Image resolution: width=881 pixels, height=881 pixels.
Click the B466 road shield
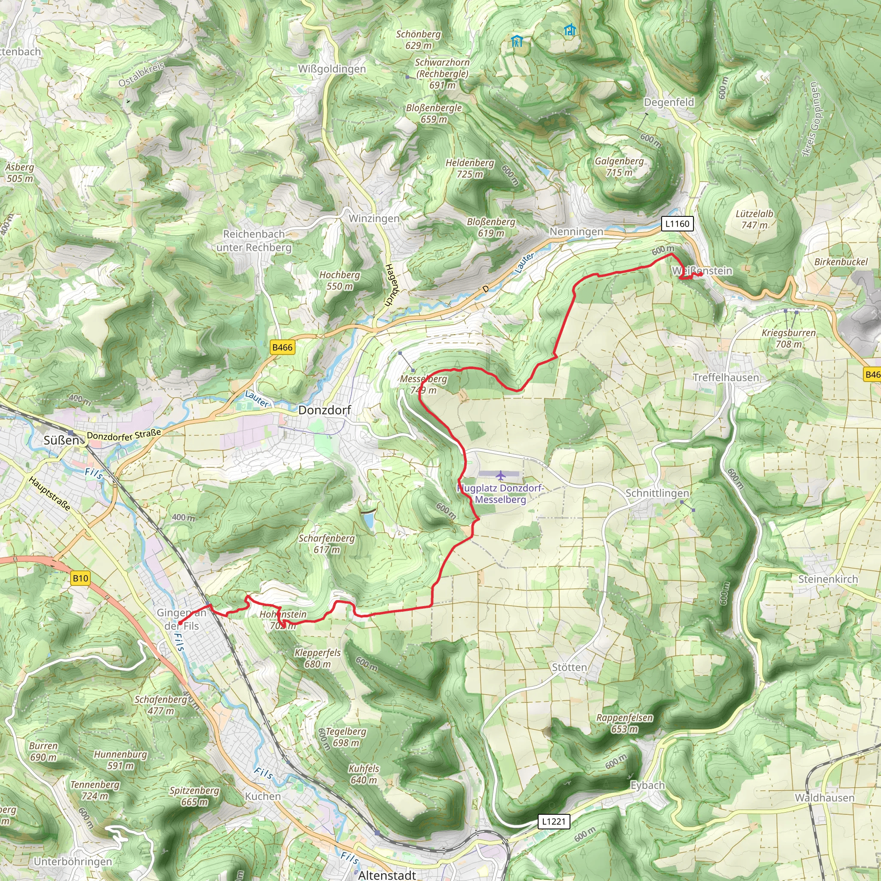click(x=282, y=347)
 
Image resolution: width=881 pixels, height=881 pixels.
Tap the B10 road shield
click(x=80, y=578)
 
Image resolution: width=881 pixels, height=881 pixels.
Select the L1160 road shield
click(x=677, y=223)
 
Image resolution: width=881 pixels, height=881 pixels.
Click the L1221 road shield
click(x=554, y=821)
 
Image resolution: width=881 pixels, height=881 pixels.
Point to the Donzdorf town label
click(x=324, y=410)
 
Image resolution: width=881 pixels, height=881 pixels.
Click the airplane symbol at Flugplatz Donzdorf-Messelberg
click(x=501, y=476)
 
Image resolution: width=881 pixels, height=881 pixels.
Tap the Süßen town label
click(x=61, y=440)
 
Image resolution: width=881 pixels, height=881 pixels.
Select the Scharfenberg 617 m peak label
click(x=327, y=544)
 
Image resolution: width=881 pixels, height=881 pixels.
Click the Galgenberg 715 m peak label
click(x=619, y=166)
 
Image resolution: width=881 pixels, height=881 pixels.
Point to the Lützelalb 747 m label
click(x=754, y=219)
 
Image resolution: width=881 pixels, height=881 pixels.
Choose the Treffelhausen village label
click(x=726, y=377)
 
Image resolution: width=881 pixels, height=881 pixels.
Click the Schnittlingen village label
click(x=656, y=493)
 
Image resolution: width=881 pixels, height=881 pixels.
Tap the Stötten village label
click(x=569, y=667)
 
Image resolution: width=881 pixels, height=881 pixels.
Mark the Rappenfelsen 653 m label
click(x=624, y=723)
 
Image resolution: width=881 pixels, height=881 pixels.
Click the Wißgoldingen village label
click(x=332, y=69)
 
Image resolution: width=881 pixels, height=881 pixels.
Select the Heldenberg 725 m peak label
click(x=470, y=168)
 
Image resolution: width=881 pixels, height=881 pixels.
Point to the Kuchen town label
click(x=263, y=796)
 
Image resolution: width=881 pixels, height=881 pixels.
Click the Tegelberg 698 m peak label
click(x=346, y=737)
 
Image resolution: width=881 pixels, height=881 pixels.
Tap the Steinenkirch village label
click(x=828, y=579)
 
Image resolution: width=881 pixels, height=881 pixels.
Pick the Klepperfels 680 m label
click(x=317, y=658)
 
